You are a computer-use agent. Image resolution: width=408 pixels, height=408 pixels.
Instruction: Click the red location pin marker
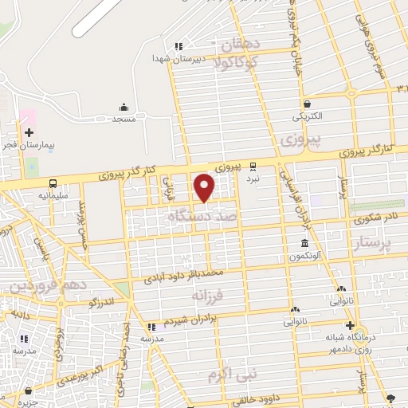tap(205, 188)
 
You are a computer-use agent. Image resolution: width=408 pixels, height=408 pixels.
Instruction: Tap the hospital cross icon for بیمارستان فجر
tap(29, 131)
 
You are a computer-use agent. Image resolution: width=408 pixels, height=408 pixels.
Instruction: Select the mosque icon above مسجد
tap(124, 107)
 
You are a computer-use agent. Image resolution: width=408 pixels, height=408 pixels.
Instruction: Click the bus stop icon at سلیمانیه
tap(53, 182)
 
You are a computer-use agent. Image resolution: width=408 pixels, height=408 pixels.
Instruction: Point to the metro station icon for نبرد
tap(253, 167)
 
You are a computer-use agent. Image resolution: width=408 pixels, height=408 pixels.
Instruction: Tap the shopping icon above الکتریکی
tap(307, 104)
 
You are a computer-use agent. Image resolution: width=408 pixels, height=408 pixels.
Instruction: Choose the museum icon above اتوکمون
tap(304, 243)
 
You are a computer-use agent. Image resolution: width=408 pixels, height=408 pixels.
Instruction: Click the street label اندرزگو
tap(103, 302)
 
